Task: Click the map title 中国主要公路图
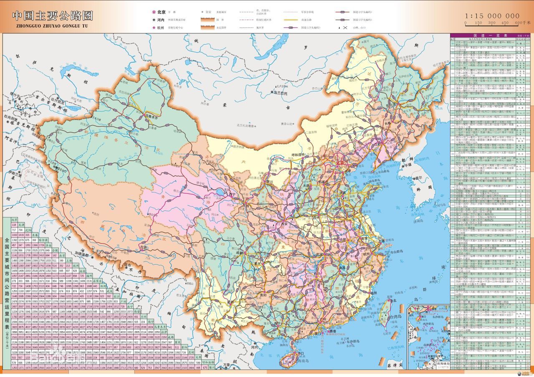pos(53,16)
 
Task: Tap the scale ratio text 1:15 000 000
pos(492,16)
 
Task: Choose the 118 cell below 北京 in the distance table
pos(14,225)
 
